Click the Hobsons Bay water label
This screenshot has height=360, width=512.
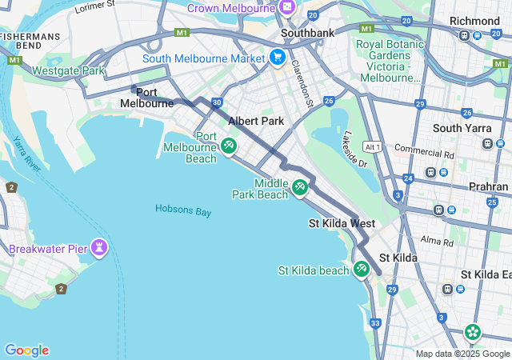pyautogui.click(x=183, y=210)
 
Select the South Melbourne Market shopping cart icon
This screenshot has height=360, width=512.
pyautogui.click(x=277, y=57)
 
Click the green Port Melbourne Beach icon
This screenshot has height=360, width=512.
pyautogui.click(x=229, y=146)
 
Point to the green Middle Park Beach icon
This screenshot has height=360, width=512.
pyautogui.click(x=300, y=187)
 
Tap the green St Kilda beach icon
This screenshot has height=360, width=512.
pyautogui.click(x=361, y=270)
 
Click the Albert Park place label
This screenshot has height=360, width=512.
pyautogui.click(x=256, y=121)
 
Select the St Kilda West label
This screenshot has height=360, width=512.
pyautogui.click(x=342, y=223)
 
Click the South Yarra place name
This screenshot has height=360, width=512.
pyautogui.click(x=458, y=128)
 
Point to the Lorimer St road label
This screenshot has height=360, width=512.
pyautogui.click(x=94, y=9)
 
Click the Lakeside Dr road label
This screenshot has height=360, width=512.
pyautogui.click(x=353, y=152)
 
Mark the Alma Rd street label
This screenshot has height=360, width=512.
pyautogui.click(x=436, y=240)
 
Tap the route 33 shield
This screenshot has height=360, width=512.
pyautogui.click(x=375, y=323)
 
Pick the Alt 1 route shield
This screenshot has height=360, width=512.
pyautogui.click(x=370, y=147)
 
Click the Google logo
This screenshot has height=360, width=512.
pyautogui.click(x=26, y=350)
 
